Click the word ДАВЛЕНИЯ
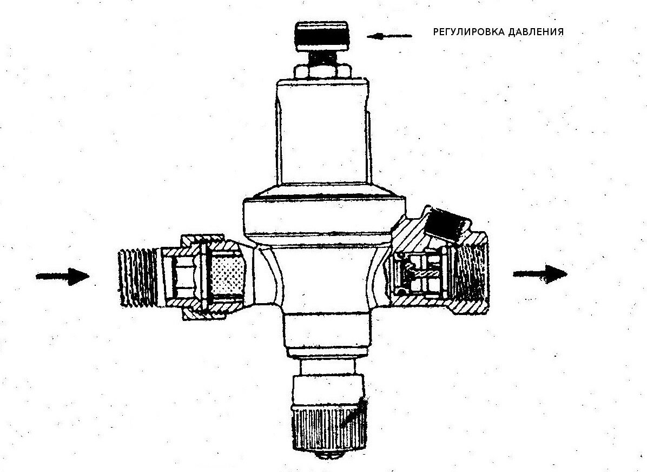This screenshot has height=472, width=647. pyautogui.click(x=535, y=32)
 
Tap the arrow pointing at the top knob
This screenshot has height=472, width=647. pyautogui.click(x=389, y=36)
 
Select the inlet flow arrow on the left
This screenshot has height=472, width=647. pyautogui.click(x=63, y=276)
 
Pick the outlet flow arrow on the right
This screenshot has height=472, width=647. pyautogui.click(x=540, y=274)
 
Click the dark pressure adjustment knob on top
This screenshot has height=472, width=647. pyautogui.click(x=322, y=36)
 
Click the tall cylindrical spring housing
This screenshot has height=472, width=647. pyautogui.click(x=323, y=132)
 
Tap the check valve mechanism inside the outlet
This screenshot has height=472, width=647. pyautogui.click(x=420, y=273)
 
